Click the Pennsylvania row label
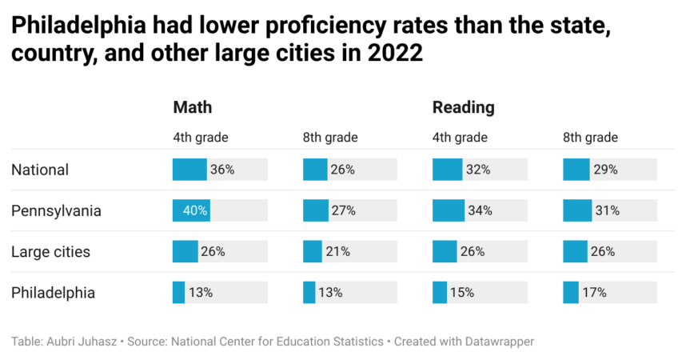pyautogui.click(x=56, y=211)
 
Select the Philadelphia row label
pyautogui.click(x=53, y=293)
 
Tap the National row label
pyautogui.click(x=40, y=170)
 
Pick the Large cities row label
pyautogui.click(x=50, y=252)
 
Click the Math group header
pyautogui.click(x=193, y=107)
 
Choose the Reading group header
pyautogui.click(x=463, y=107)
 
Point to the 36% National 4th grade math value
pyautogui.click(x=222, y=170)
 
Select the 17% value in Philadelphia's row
pyautogui.click(x=594, y=293)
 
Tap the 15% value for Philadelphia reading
pyautogui.click(x=463, y=293)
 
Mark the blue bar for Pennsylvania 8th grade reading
pyautogui.click(x=577, y=211)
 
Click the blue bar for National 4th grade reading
pyautogui.click(x=448, y=170)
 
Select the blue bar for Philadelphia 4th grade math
pyautogui.click(x=179, y=293)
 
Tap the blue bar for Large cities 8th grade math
pyautogui.click(x=313, y=252)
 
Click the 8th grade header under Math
pyautogui.click(x=329, y=138)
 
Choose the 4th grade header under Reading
pyautogui.click(x=460, y=138)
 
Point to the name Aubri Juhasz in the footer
pyautogui.click(x=82, y=342)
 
